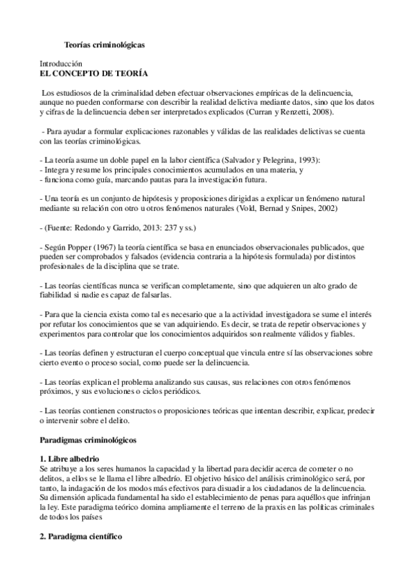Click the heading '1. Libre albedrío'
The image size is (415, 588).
[x=71, y=459]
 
